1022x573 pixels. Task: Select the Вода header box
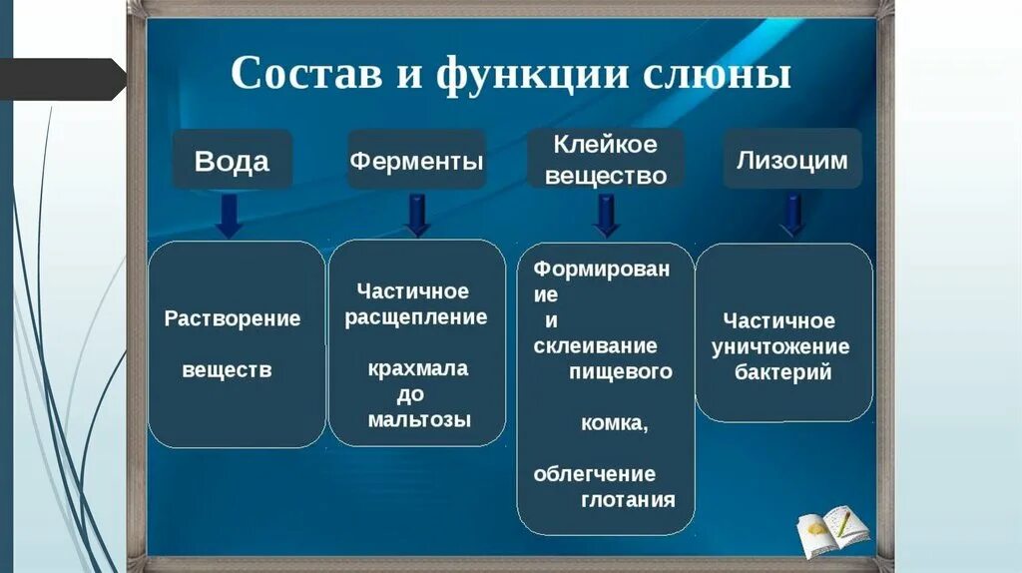point(232,160)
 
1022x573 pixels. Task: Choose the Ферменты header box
point(416,160)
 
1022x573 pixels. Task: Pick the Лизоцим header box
point(791,159)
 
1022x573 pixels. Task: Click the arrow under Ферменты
point(417,215)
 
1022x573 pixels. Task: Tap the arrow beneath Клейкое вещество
point(606,216)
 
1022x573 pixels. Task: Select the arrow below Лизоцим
point(792,216)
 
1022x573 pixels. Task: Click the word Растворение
point(233,318)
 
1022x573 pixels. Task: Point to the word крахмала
point(417,368)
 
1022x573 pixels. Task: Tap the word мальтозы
point(419,419)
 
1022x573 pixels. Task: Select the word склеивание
point(595,346)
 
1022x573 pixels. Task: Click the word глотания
point(628,499)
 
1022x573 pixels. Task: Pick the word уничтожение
point(780,347)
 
